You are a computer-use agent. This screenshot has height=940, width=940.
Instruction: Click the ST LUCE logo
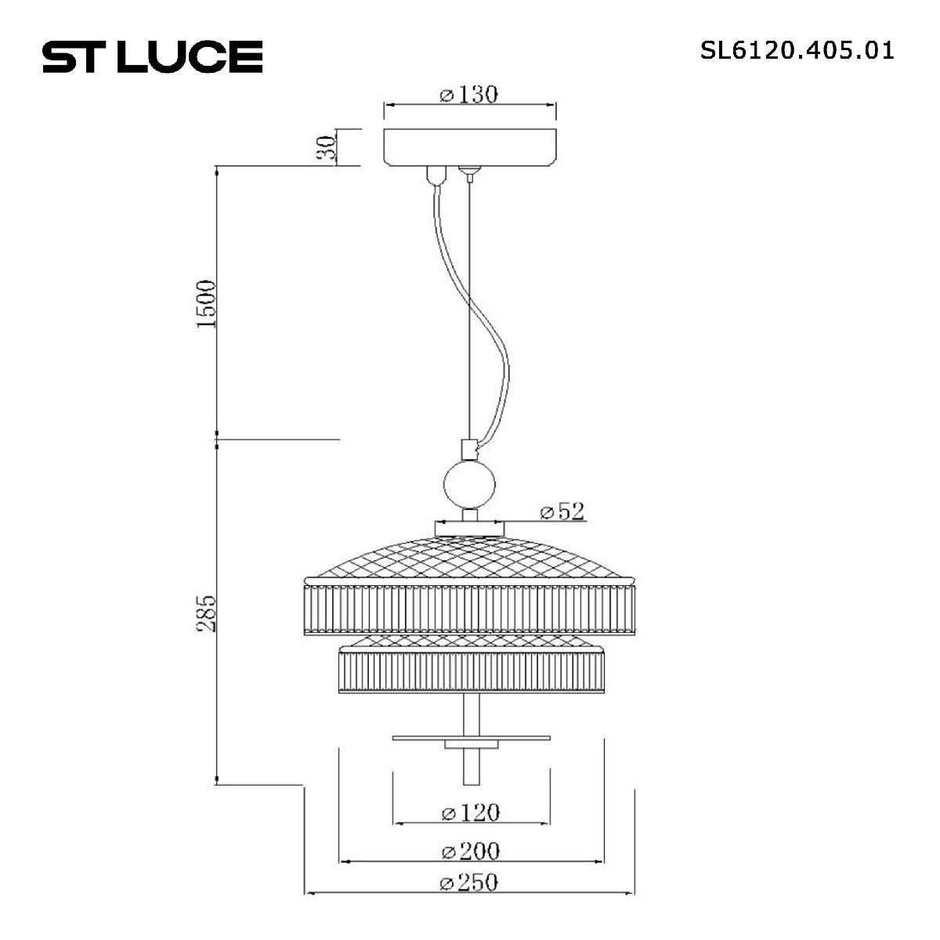(x=152, y=56)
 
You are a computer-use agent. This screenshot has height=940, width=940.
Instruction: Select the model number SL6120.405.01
(x=797, y=51)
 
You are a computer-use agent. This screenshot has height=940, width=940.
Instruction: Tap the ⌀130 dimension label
(x=468, y=95)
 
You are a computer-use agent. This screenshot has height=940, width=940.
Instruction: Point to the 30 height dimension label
(x=328, y=147)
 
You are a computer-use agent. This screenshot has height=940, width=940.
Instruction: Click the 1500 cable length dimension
(x=205, y=303)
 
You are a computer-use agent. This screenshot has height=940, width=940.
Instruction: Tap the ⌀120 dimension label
(x=470, y=812)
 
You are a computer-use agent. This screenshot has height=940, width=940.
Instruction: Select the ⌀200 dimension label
(x=470, y=851)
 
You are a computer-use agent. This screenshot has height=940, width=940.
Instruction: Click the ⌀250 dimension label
(x=468, y=882)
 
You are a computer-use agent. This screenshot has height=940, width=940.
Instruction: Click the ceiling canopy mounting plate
(x=468, y=146)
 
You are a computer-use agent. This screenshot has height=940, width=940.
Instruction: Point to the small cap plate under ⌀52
(x=468, y=529)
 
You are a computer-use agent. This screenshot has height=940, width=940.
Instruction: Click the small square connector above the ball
(x=468, y=450)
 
